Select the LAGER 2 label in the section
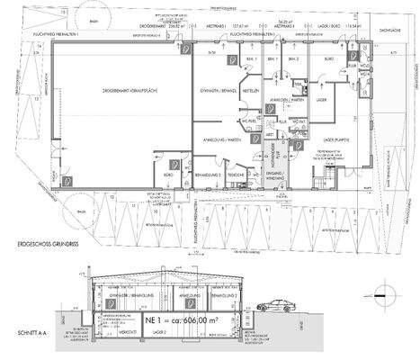pyautogui.click(x=161, y=332)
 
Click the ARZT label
pyautogui.click(x=269, y=133)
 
